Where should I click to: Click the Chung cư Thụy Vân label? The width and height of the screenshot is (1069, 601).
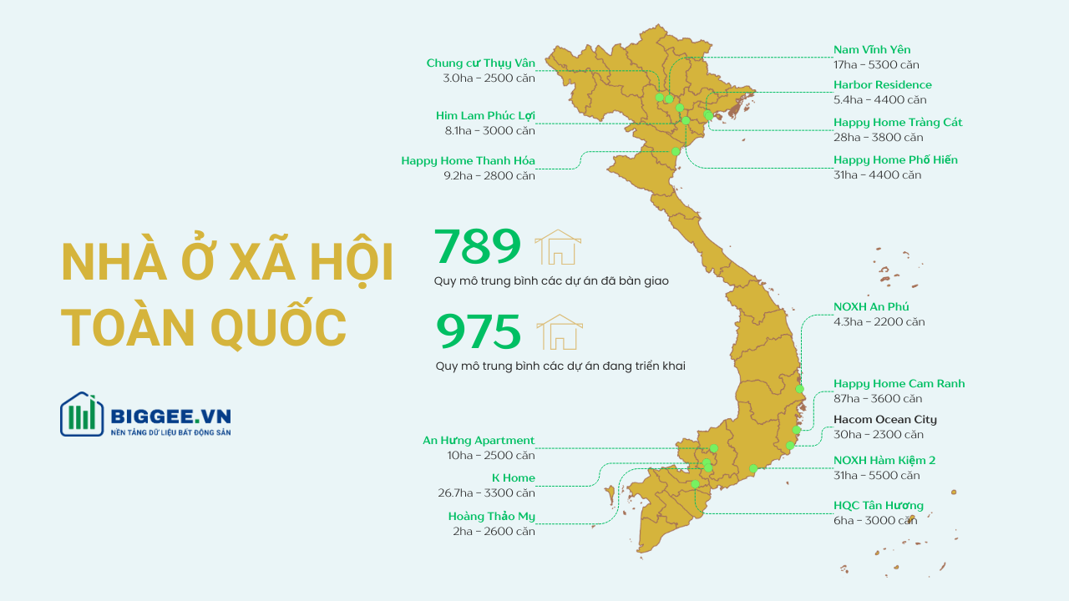coord(480,63)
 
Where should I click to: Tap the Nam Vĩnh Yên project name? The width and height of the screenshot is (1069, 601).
coord(872,50)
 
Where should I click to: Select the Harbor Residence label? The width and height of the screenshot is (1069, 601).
coord(882,85)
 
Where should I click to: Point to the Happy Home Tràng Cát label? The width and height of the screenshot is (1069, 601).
coord(898,123)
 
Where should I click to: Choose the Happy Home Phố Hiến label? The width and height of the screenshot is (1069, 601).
coord(895,160)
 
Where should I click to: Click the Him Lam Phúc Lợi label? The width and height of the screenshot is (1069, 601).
coord(485,116)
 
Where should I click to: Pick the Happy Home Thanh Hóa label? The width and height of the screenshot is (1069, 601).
coord(468,161)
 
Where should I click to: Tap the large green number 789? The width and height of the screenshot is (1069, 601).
coord(478,247)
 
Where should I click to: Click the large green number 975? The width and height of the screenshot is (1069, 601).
coord(479,332)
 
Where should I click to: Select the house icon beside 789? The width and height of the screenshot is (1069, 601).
coord(557,248)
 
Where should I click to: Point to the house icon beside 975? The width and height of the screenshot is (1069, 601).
coord(559,332)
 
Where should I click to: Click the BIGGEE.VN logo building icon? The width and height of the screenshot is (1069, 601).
coord(81,415)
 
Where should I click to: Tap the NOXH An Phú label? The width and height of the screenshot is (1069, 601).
coord(871,307)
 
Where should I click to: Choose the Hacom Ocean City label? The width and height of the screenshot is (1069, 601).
coord(884,420)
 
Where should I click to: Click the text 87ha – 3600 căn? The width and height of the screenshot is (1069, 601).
coord(878,399)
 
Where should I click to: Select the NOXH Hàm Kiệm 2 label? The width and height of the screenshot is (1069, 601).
coord(884,461)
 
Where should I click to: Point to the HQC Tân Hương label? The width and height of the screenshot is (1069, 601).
coord(879,506)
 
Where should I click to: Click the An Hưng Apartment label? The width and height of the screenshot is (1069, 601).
coord(479,441)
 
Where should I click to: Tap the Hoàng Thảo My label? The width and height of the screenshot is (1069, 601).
coord(491,517)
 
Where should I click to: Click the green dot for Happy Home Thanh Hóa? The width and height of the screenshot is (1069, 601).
coord(676,151)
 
